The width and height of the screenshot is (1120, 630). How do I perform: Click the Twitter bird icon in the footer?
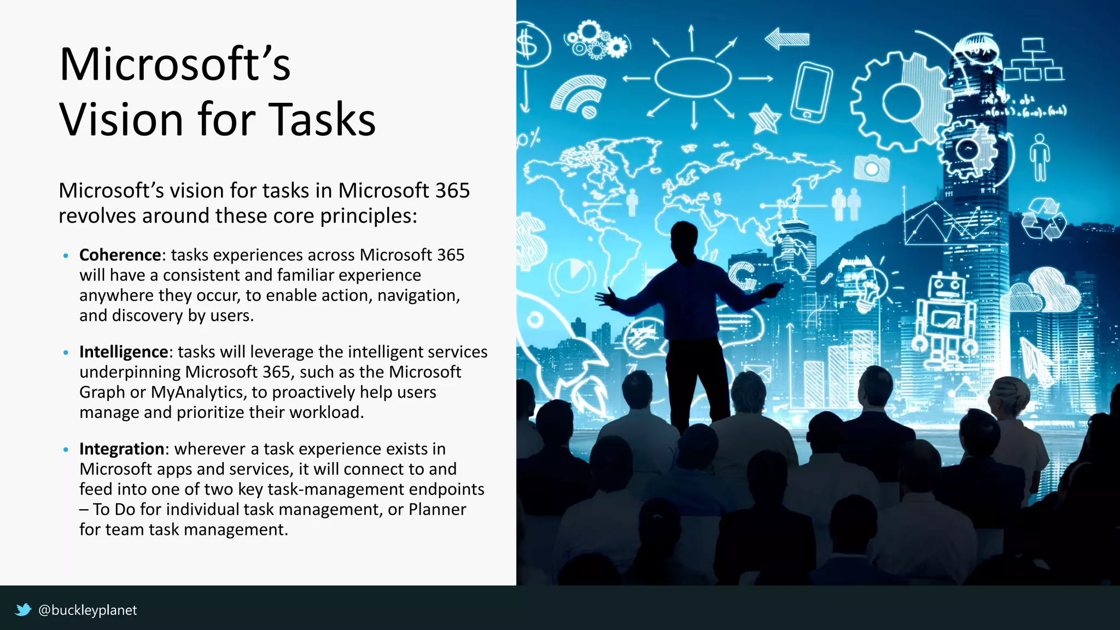pos(23,610)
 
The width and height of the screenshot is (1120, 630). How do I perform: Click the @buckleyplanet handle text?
pos(87,610)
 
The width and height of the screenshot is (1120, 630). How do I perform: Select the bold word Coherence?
pos(120,255)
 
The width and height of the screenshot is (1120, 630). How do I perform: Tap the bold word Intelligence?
pos(124,352)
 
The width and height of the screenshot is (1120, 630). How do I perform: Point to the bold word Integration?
pos(121,449)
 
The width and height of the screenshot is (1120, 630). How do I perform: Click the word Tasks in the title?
pos(323,119)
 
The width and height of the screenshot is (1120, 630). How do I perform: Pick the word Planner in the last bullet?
pos(437,509)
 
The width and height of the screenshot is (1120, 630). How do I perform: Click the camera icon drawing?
pos(872,167)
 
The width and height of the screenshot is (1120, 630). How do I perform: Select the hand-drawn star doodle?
pos(765,119)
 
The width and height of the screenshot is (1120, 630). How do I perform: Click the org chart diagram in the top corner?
pos(1034,60)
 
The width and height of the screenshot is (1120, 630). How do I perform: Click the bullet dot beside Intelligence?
pos(66,353)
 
